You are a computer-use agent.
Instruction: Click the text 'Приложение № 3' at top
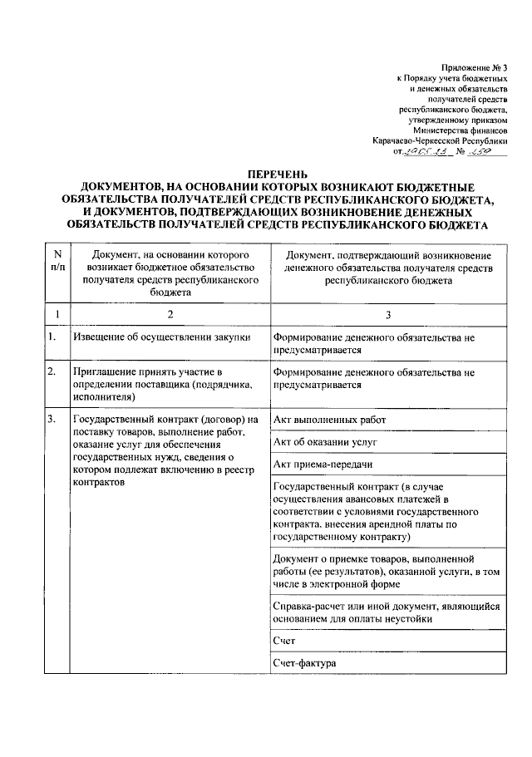475,66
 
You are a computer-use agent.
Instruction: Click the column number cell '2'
170,315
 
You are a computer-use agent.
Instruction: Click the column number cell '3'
387,315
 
